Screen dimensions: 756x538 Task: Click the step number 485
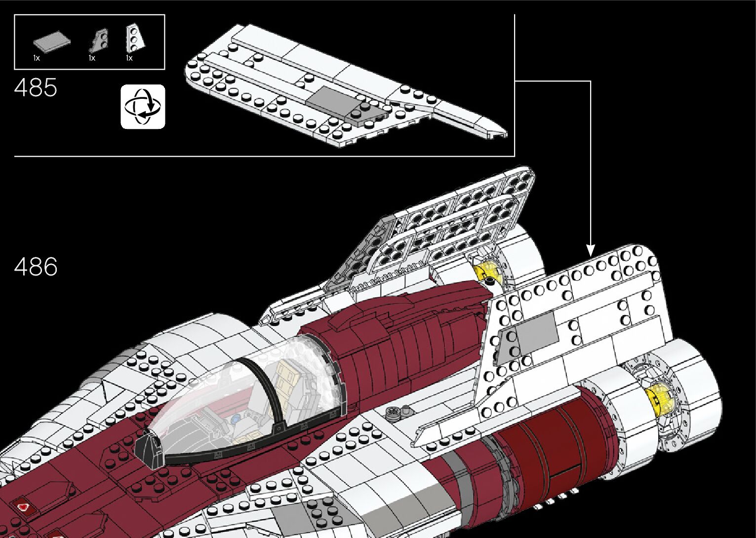click(x=36, y=87)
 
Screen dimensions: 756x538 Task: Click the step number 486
click(x=36, y=266)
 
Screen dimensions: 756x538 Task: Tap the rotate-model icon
click(x=143, y=107)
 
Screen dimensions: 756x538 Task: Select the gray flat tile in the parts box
click(x=52, y=42)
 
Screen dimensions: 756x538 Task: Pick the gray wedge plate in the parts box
click(x=100, y=41)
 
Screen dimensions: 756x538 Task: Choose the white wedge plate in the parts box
click(x=135, y=38)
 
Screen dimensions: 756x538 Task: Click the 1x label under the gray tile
click(x=37, y=58)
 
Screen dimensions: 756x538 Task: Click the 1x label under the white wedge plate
click(x=129, y=58)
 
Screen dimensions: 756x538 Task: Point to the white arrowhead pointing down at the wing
click(x=590, y=250)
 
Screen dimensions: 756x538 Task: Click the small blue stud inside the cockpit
click(x=235, y=420)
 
